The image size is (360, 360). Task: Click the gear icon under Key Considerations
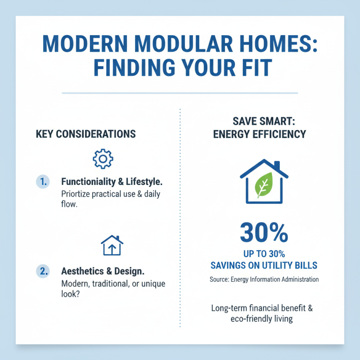103,158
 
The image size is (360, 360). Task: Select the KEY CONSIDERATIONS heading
85,134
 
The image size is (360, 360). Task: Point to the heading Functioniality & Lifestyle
112,182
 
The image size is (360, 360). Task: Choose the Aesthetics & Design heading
103,271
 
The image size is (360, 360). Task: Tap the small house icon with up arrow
112,246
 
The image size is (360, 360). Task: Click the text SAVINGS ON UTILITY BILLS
264,265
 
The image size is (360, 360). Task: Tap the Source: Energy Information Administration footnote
264,279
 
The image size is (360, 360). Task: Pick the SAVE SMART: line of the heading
264,121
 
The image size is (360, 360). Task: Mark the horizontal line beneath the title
180,93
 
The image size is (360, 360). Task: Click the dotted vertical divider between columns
180,216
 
